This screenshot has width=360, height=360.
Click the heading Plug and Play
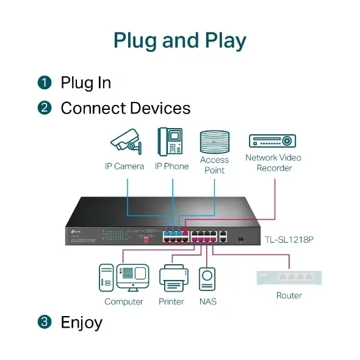pos(180,40)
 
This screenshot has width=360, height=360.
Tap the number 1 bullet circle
pos(44,83)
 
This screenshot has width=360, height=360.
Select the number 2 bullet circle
pos(44,109)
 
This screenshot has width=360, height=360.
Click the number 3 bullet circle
pos(44,322)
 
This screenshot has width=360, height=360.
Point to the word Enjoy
pos(81,322)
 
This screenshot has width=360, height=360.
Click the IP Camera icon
pos(126,141)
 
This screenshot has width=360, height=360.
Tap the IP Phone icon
pos(170,141)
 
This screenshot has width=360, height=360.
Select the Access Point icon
pos(214,141)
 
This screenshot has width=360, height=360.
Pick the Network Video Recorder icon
pos(273,140)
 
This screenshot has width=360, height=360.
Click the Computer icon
pos(124,278)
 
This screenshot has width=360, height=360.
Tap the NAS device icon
pos(207,279)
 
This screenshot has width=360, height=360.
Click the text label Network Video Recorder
pos(273,162)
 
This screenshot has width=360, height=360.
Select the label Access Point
pos(214,165)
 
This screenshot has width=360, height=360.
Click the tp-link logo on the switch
pos(77,230)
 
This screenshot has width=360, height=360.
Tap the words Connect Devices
pos(125,109)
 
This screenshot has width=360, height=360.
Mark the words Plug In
pos(85,83)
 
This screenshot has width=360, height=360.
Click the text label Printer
pos(171,301)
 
